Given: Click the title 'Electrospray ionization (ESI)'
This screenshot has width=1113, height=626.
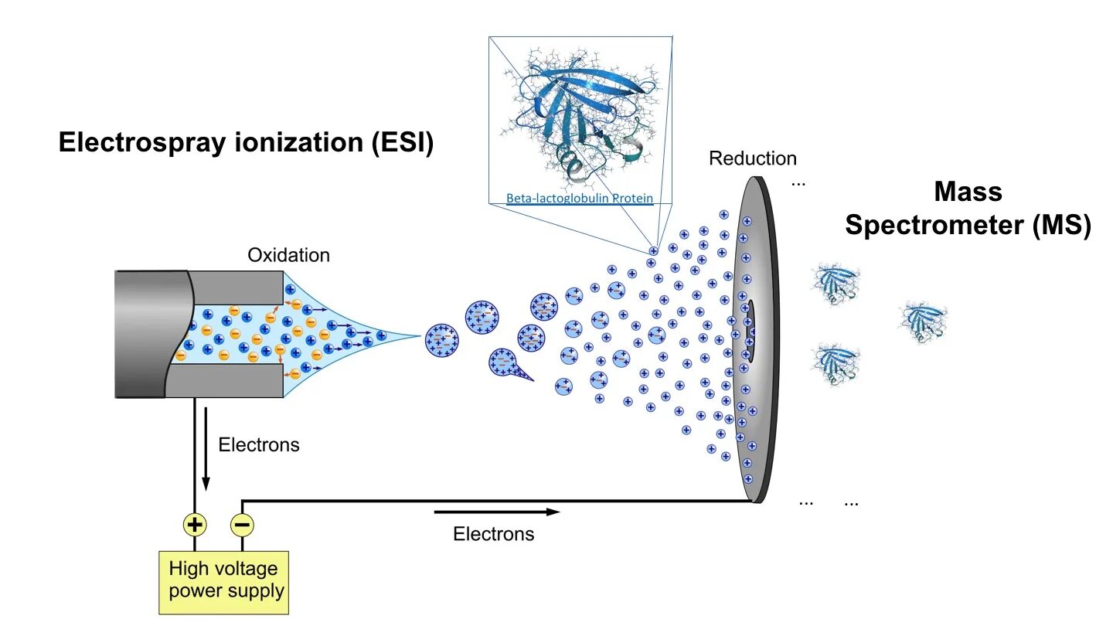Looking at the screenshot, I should (246, 144).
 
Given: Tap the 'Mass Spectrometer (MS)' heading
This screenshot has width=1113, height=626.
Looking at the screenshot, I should (967, 209).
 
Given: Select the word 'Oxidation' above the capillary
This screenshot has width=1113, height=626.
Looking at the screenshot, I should (288, 255).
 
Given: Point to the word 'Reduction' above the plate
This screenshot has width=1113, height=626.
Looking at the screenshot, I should (752, 159).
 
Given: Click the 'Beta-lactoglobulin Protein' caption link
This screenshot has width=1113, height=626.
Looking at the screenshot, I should (579, 199).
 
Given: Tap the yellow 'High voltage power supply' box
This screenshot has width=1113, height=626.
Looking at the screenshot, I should (223, 581).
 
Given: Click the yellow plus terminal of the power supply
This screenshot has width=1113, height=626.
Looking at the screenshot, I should (195, 526).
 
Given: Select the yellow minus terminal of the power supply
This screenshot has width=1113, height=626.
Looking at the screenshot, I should (242, 526).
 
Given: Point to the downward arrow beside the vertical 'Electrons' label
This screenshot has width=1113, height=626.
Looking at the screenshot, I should (206, 447).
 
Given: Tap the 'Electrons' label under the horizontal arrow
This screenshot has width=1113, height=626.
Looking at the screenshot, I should (493, 534).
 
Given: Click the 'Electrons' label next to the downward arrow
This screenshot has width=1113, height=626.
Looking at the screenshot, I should (258, 445).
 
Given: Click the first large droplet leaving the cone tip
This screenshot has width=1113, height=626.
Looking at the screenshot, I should (442, 339).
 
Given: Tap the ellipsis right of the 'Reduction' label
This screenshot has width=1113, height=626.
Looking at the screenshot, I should (798, 184).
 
